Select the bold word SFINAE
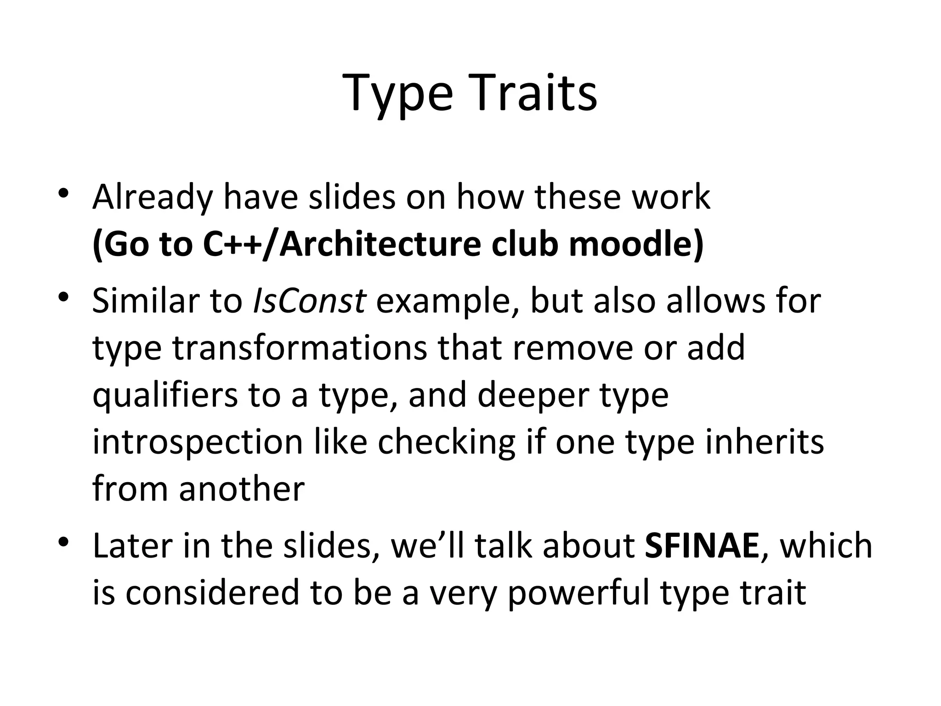(702, 546)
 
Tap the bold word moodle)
(636, 245)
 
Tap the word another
(242, 489)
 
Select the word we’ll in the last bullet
(428, 546)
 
